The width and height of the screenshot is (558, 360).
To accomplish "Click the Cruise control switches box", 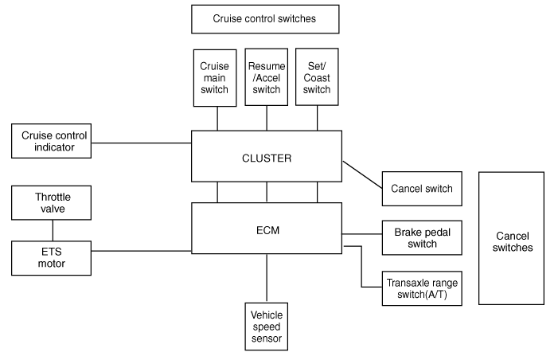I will coord(265,19).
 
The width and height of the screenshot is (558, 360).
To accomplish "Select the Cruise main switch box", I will coord(217,78).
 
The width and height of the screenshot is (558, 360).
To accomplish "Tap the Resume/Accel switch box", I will coord(267,78).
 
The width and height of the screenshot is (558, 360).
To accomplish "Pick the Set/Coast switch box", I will coord(317,78).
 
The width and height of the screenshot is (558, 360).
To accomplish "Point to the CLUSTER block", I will coord(267,158).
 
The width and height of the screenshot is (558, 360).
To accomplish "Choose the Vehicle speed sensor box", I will coord(267,325).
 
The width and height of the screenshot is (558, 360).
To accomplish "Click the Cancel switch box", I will coord(421,189).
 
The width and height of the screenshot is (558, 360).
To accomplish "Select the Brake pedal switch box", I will coord(421,237).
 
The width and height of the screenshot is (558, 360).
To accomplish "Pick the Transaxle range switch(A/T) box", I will coord(421,288).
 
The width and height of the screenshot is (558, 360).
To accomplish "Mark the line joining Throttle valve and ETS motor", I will coord(52,230).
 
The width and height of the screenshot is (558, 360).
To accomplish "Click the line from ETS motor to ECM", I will coord(141,251).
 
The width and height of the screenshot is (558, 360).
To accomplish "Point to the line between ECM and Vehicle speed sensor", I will coord(267,278).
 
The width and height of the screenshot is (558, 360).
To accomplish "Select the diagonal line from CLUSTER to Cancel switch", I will coord(361,174).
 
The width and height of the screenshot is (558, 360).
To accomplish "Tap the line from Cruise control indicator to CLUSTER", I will coord(141,143).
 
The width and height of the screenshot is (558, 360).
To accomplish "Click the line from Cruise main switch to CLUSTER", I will coord(217,119).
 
